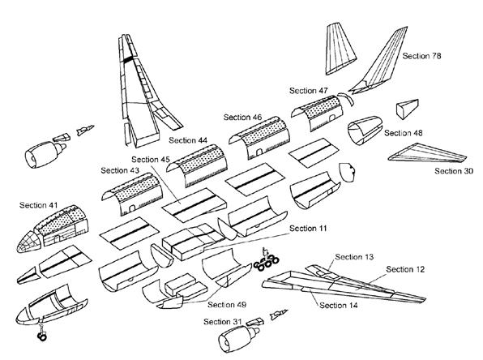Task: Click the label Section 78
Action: coord(421,56)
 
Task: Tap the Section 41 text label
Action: coord(39,205)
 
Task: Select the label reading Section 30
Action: coord(454,171)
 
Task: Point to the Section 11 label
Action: coord(308,229)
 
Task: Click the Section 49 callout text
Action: coord(227,305)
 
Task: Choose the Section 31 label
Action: coord(223,321)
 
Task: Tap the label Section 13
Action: coord(354,257)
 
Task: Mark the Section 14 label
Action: coord(339,305)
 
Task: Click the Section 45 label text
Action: coord(151,160)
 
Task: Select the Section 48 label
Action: coord(404,133)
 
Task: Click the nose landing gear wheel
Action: coord(42,336)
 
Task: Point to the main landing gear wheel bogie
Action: coord(267,263)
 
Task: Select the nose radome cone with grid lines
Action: coord(28,242)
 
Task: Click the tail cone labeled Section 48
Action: coord(365,130)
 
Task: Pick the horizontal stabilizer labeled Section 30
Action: coord(427,153)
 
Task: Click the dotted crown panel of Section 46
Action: coord(264,131)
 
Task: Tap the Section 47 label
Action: coord(308,91)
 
